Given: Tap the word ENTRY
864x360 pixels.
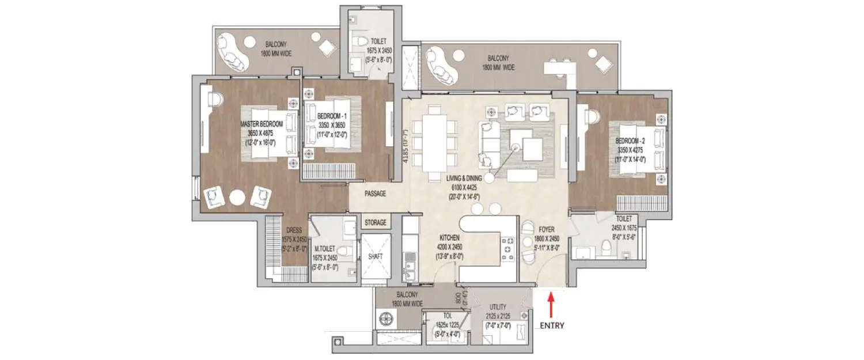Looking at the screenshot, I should click(x=552, y=325).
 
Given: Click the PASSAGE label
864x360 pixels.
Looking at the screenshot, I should click(x=375, y=194).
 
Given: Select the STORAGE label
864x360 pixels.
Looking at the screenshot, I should click(x=376, y=222).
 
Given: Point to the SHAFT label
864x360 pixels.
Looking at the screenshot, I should click(x=376, y=256).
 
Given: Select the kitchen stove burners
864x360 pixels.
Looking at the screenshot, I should click(x=508, y=249).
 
